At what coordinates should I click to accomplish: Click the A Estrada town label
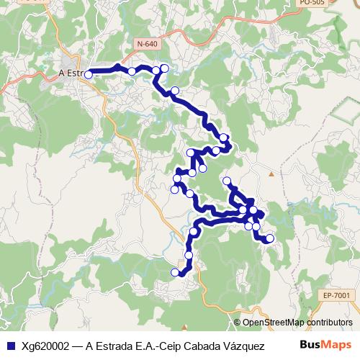[x=73, y=73]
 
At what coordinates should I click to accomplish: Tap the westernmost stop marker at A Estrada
[x=89, y=74]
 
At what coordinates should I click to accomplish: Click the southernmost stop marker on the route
[x=174, y=272]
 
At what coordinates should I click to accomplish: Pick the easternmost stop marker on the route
[x=270, y=238]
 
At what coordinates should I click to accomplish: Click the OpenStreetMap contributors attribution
[x=297, y=322]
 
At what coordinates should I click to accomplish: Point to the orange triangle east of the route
[x=271, y=174]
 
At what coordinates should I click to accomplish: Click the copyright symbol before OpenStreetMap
[x=238, y=322]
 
